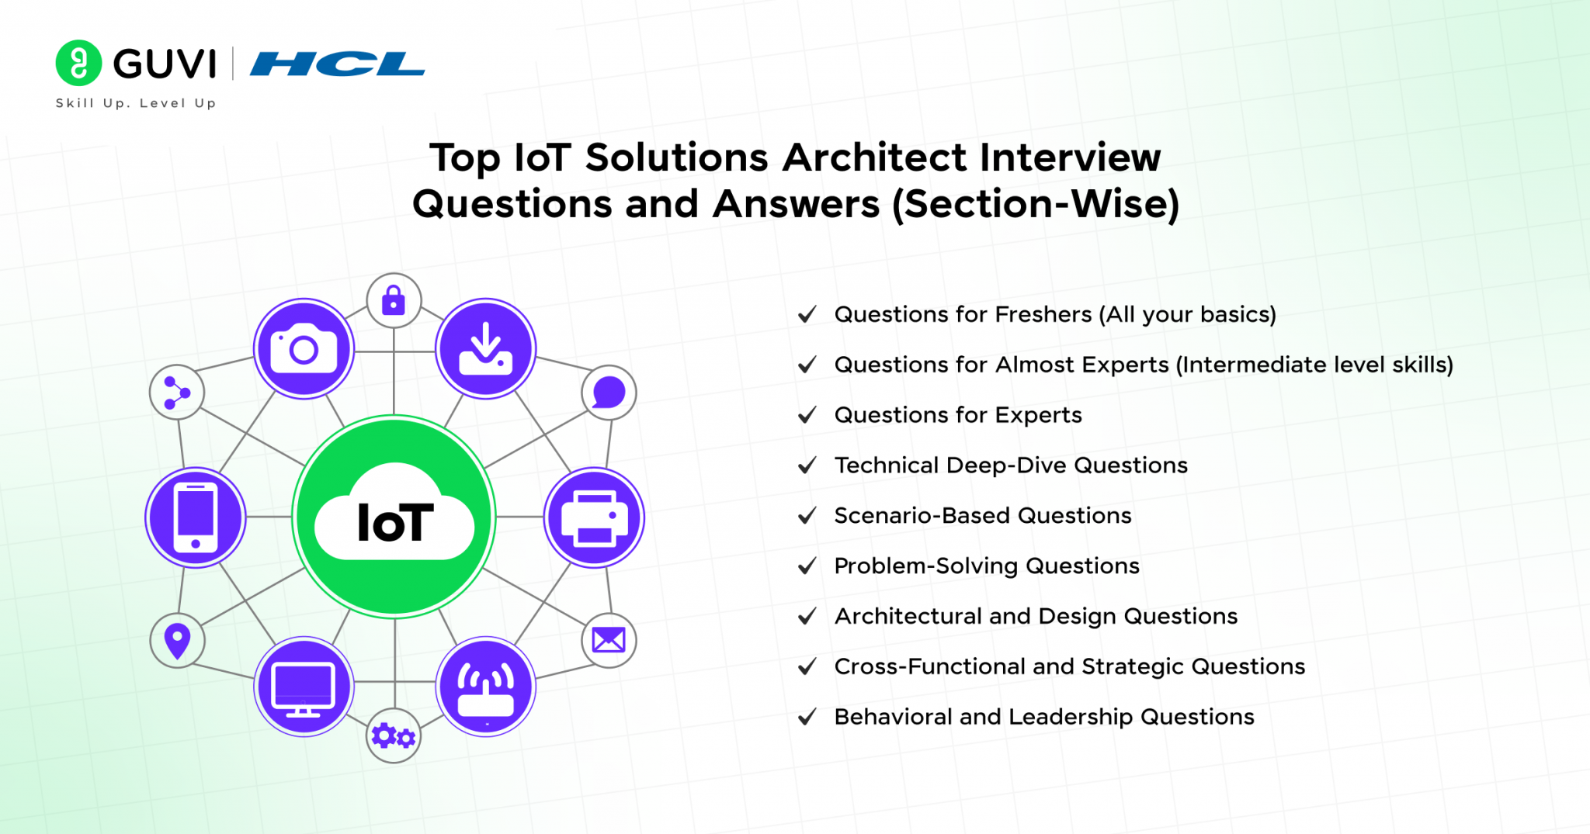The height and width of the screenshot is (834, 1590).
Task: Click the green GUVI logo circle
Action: (x=78, y=63)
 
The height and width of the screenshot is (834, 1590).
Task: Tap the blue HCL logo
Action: (x=337, y=64)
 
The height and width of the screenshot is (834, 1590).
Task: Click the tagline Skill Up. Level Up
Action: (x=136, y=103)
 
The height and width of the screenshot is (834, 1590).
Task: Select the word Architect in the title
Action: (x=875, y=158)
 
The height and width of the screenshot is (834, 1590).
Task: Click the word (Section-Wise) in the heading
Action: (x=1036, y=205)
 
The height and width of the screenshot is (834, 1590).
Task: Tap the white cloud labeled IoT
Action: (x=394, y=516)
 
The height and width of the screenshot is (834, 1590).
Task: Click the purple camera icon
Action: (x=304, y=349)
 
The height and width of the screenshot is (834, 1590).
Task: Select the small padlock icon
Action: (x=394, y=300)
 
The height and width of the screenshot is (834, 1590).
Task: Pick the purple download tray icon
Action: (x=485, y=349)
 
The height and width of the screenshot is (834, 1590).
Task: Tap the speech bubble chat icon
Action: (x=609, y=393)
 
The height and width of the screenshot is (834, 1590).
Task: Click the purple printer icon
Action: (x=594, y=517)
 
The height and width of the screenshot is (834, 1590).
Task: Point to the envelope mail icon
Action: (x=609, y=640)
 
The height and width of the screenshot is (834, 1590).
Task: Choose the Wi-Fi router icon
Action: (x=485, y=687)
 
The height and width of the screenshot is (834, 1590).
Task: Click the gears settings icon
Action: (x=394, y=735)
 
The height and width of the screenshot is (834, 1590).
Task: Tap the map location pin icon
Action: (x=178, y=641)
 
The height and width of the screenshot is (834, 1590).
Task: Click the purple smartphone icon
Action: (x=196, y=517)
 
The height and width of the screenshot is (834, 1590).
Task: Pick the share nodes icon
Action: (x=177, y=393)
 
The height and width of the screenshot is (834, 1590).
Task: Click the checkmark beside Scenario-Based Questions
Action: (x=807, y=516)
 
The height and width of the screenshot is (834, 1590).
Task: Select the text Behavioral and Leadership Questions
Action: (x=1043, y=717)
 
